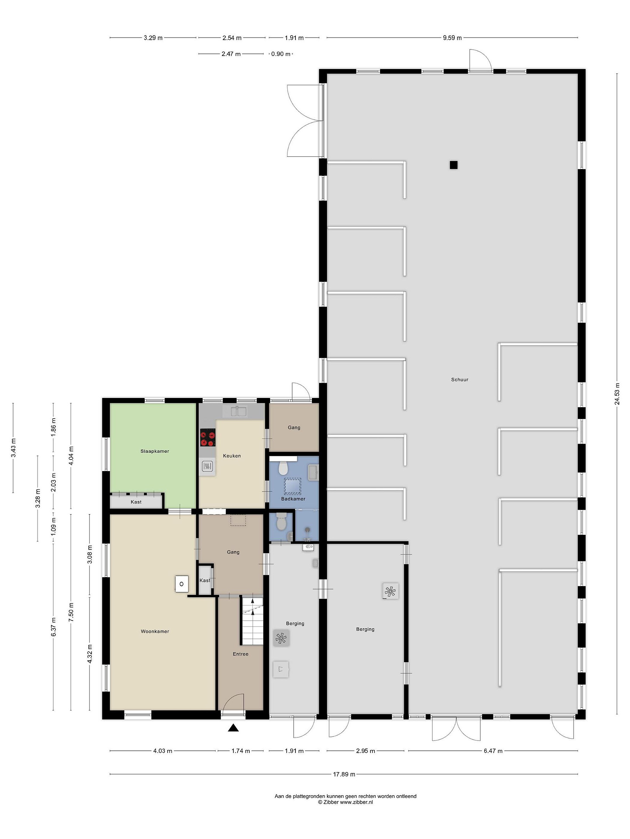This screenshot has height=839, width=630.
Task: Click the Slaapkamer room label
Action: [155, 451]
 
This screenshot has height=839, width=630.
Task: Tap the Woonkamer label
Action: [155, 631]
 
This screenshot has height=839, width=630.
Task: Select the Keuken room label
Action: [232, 456]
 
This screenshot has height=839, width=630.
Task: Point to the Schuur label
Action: [459, 379]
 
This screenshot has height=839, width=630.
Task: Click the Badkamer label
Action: [293, 499]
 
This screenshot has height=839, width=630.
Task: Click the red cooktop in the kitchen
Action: [208, 437]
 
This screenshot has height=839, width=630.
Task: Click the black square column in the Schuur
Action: [454, 165]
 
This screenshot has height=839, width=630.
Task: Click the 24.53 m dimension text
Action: [617, 394]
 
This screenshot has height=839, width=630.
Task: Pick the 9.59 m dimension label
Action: [452, 38]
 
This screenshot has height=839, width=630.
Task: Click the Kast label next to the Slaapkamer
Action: [136, 502]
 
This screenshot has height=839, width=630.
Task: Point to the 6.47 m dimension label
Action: [493, 751]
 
